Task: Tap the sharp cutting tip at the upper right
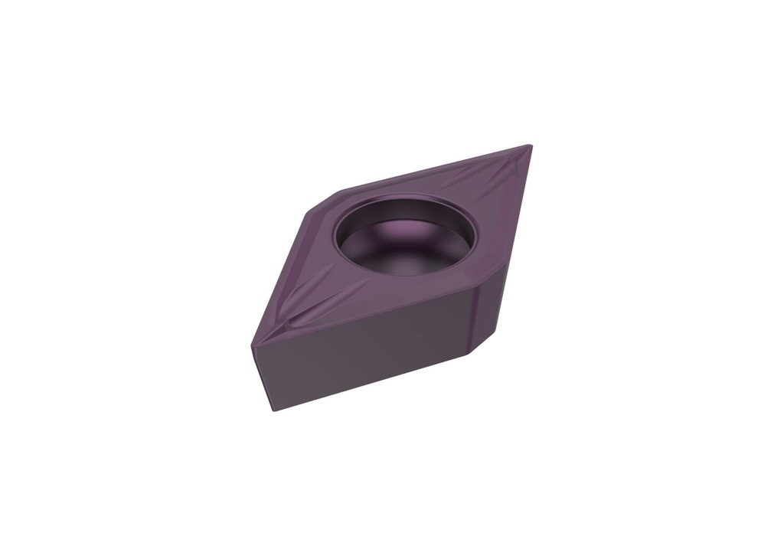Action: tap(530, 146)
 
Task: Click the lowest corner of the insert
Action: tap(273, 410)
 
